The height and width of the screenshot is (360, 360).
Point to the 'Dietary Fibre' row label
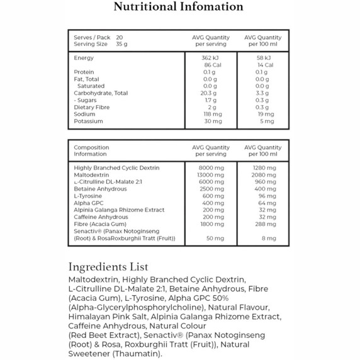92,107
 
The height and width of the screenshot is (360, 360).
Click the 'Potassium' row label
88,121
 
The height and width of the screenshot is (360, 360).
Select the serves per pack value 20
120,37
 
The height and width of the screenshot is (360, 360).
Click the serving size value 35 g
121,44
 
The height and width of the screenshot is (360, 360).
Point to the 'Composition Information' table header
92,150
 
